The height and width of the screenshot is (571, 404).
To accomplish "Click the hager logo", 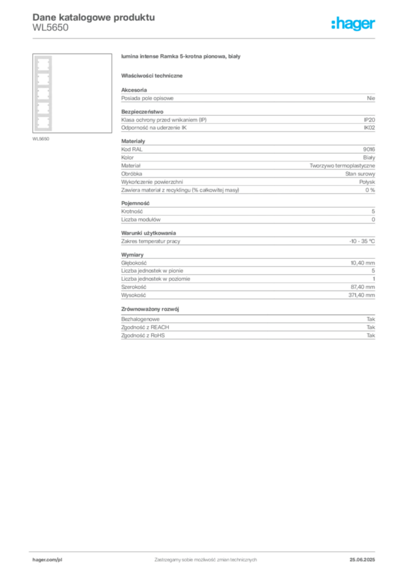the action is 353,23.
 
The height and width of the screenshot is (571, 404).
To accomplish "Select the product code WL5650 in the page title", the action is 50,28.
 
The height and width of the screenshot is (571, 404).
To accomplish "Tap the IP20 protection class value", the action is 369,120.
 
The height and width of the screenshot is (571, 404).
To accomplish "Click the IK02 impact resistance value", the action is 369,128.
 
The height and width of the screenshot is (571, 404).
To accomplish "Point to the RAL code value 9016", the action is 369,149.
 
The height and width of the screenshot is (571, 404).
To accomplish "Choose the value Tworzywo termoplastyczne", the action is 342,166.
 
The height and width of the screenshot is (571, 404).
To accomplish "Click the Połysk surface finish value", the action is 367,182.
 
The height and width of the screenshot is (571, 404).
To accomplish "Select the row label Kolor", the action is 127,157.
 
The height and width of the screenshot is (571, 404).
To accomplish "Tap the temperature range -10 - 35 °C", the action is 362,241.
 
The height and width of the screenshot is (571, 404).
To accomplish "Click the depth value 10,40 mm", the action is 363,263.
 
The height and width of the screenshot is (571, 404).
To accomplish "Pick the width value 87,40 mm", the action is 363,287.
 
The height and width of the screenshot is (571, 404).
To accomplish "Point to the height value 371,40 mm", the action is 362,295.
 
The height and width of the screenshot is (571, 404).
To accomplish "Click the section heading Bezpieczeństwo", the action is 142,112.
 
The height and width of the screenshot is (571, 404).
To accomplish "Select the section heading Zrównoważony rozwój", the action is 150,309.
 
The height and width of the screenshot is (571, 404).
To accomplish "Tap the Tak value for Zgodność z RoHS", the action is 371,335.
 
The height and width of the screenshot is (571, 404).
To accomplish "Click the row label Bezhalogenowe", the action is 140,319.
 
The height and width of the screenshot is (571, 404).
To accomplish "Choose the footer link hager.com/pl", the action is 47,560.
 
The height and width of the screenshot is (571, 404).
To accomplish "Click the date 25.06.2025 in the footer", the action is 362,560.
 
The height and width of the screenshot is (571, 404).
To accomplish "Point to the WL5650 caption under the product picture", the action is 41,139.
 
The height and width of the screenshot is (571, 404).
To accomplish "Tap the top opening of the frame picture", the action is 44,65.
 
